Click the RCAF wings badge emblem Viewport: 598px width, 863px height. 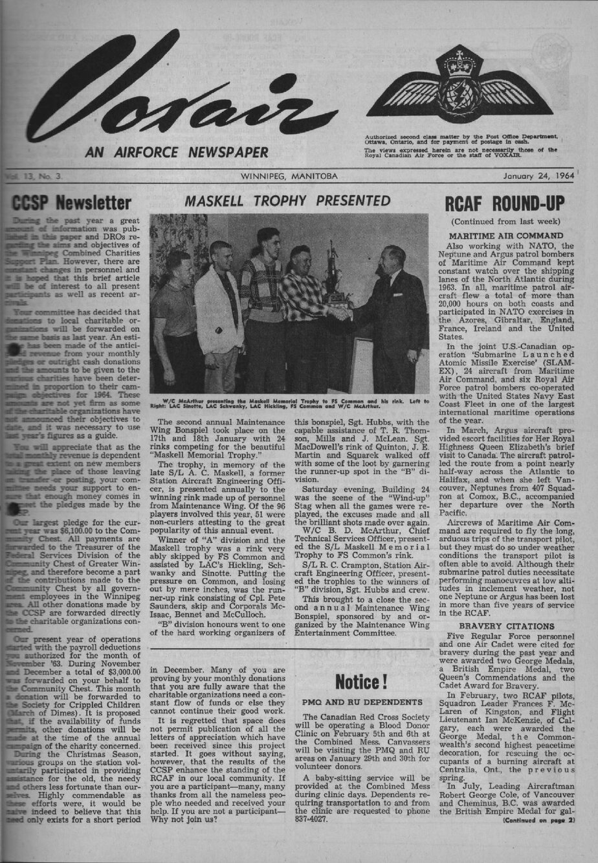click(x=460, y=84)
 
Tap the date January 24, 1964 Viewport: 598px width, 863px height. click(x=542, y=176)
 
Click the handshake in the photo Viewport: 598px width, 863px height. click(x=341, y=313)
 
